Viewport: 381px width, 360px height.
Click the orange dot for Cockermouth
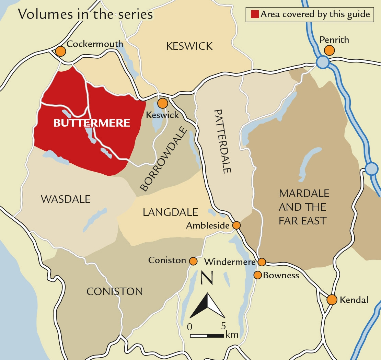pyautogui.click(x=60, y=51)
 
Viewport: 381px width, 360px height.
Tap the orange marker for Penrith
pyautogui.click(x=329, y=50)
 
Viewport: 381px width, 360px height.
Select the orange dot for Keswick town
pyautogui.click(x=162, y=103)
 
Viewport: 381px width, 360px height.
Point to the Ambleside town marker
pyautogui.click(x=236, y=225)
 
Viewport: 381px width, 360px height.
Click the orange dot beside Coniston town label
pyautogui.click(x=193, y=261)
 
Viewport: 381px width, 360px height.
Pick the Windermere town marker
pyautogui.click(x=262, y=262)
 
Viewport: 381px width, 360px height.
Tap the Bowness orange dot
pyautogui.click(x=258, y=275)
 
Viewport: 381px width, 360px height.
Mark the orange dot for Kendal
pyautogui.click(x=332, y=300)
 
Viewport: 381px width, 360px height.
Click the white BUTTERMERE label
pyautogui.click(x=92, y=123)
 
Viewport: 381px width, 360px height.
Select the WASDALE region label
pyautogui.click(x=66, y=199)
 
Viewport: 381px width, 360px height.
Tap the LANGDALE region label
pyautogui.click(x=170, y=212)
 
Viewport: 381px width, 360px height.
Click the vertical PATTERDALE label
pyautogui.click(x=223, y=141)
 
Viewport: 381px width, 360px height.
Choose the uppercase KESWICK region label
pyautogui.click(x=189, y=46)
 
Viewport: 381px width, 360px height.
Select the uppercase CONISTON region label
pyautogui.click(x=114, y=291)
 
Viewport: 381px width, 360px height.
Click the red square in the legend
pyautogui.click(x=254, y=14)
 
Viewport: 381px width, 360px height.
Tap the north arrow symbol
pyautogui.click(x=207, y=305)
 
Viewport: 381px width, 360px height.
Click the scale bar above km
pyautogui.click(x=207, y=335)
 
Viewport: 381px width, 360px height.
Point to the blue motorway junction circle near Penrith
pyautogui.click(x=323, y=62)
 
